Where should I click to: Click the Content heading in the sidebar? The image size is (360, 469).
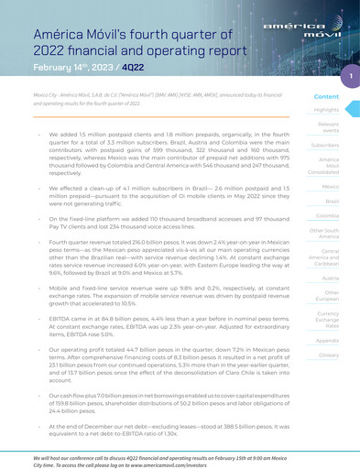point(327,96)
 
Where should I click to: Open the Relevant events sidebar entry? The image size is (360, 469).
point(329,126)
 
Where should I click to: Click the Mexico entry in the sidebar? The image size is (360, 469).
point(331,186)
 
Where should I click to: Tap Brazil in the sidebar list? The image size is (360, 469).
point(333,201)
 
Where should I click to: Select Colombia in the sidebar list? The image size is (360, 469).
point(328,216)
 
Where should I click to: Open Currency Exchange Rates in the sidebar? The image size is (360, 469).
point(328,320)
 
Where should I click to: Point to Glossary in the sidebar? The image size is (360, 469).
point(328,354)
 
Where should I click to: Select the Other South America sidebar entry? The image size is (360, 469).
point(327,234)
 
